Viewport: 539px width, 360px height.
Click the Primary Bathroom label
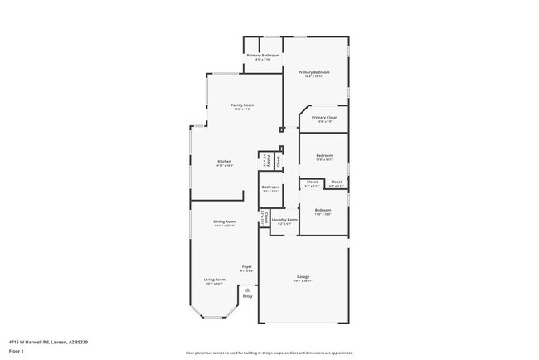click(x=263, y=55)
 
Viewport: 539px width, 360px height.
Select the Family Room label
click(x=242, y=105)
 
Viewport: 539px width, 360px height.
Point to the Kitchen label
click(x=224, y=161)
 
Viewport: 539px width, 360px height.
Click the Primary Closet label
click(x=324, y=118)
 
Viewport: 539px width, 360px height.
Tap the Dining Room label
click(x=225, y=221)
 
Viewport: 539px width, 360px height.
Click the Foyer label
click(x=246, y=266)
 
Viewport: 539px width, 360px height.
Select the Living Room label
click(x=215, y=280)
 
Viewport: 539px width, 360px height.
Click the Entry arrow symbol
click(x=246, y=289)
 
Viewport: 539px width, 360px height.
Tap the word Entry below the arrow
click(x=246, y=296)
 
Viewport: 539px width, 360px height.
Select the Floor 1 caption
click(x=16, y=351)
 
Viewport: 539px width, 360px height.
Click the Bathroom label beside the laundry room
click(x=270, y=187)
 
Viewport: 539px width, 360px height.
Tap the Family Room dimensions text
click(x=242, y=109)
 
